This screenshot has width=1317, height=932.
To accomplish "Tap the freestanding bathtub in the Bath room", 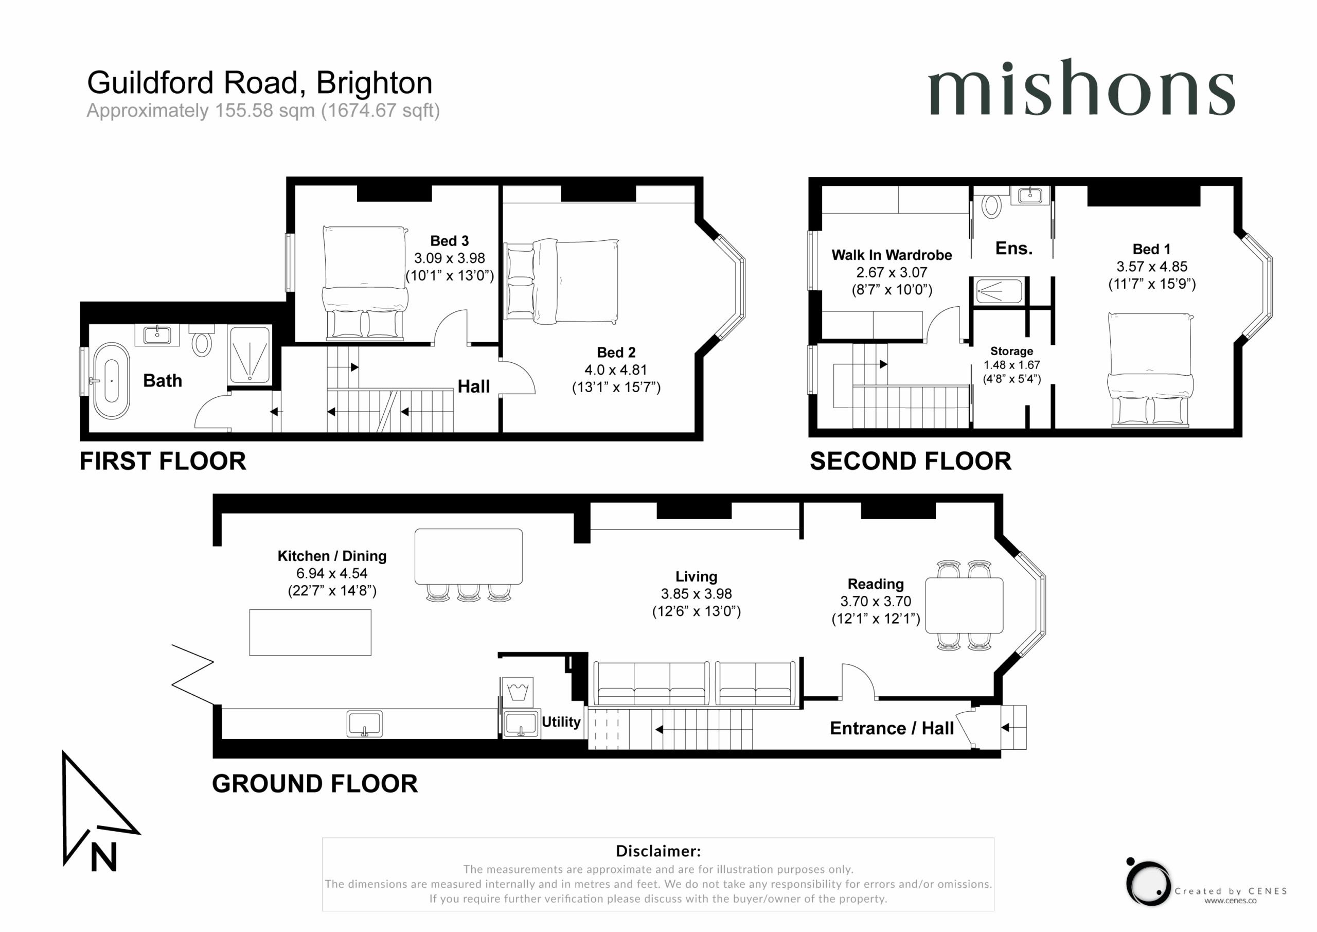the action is pos(111,380).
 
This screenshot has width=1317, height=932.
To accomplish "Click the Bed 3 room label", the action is pos(449,241).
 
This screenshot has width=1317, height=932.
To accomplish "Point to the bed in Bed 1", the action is pos(1150,370).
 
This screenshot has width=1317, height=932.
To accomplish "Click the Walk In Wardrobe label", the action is pos(892,255).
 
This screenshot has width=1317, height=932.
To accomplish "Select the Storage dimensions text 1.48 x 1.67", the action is pos(1012,365).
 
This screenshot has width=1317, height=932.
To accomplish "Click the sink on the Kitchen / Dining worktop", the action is pos(364,724).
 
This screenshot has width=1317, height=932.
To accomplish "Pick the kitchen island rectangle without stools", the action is pos(310,632).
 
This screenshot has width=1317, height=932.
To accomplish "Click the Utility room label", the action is pos(561,722).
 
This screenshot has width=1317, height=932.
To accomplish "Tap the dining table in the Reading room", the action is pos(964,605).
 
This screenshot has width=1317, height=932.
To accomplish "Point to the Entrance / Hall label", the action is pos(892,728).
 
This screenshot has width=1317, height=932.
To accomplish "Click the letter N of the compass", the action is pos(104,857).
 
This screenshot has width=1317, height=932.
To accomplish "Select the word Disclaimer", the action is pos(658,851).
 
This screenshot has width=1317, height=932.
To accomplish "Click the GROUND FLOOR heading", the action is pos(315,783).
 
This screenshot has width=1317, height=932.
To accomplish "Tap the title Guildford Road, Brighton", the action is pos(259,83).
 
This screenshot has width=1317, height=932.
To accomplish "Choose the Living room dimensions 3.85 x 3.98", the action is pos(697,594).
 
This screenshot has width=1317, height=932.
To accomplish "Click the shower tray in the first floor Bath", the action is pos(250,355).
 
